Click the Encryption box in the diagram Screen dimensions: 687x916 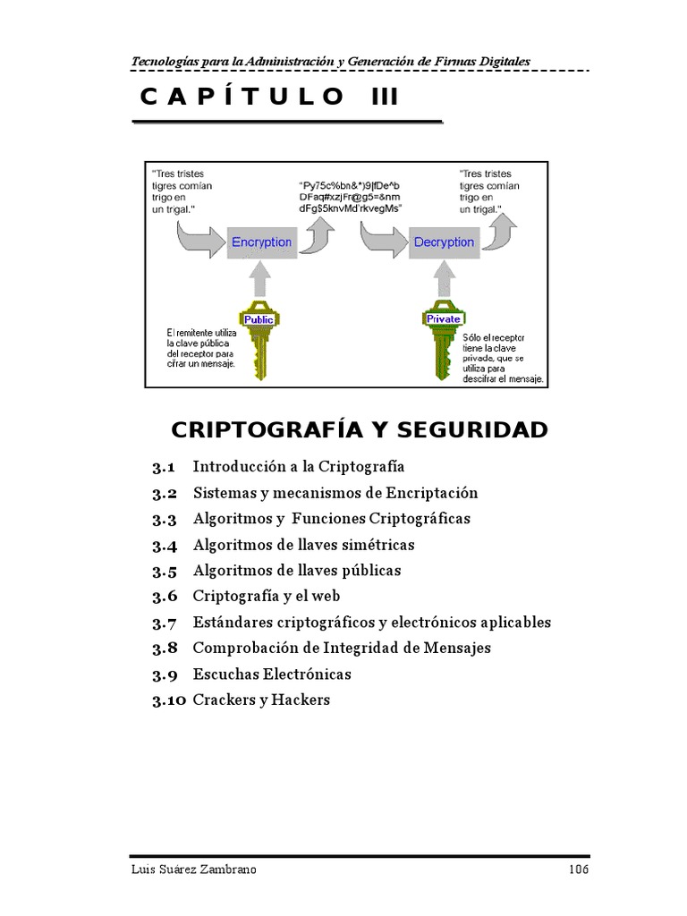click(261, 242)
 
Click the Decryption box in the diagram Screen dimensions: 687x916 click(444, 242)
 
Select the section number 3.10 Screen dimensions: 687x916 click(168, 700)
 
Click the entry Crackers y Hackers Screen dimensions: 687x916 click(261, 700)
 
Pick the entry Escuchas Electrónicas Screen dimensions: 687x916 click(272, 674)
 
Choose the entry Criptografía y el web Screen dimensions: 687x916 click(267, 596)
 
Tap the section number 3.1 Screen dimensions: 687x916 click(163, 467)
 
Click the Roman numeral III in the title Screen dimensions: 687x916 click(385, 97)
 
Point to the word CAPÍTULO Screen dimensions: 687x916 click(241, 97)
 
